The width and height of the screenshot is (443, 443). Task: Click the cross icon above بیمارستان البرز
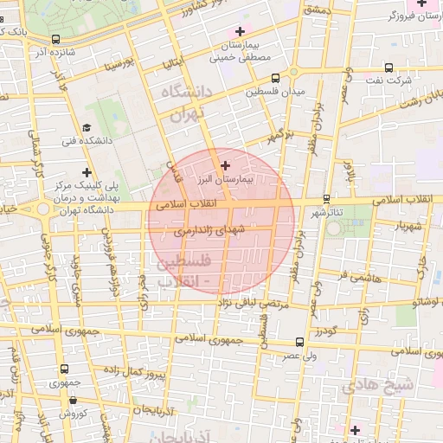[226, 164]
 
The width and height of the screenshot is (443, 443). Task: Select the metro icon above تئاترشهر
[325, 197]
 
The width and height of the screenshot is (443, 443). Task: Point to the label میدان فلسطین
[274, 90]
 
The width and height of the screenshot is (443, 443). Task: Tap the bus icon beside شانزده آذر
[56, 39]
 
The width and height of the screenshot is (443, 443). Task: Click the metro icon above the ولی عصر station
[299, 342]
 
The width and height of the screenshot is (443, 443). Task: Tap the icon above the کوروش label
[74, 401]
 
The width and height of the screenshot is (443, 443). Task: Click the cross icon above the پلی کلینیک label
[87, 172]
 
